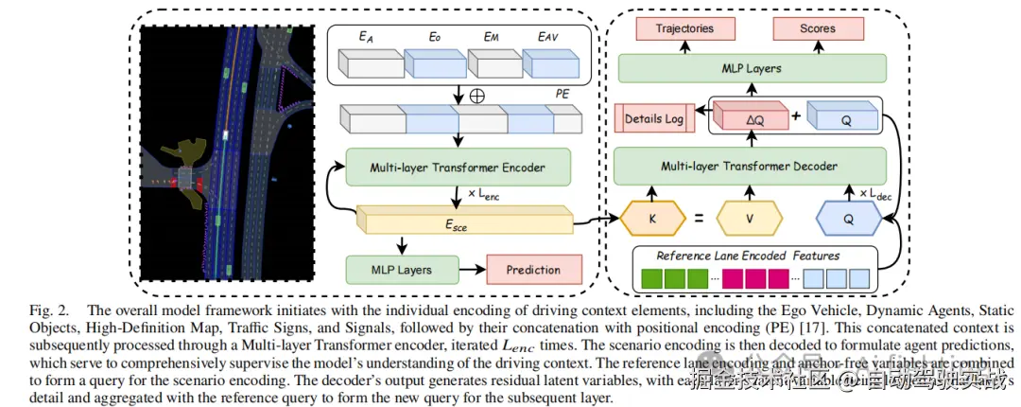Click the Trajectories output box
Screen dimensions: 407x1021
pyautogui.click(x=684, y=28)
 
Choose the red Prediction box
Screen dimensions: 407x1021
pyautogui.click(x=533, y=269)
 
